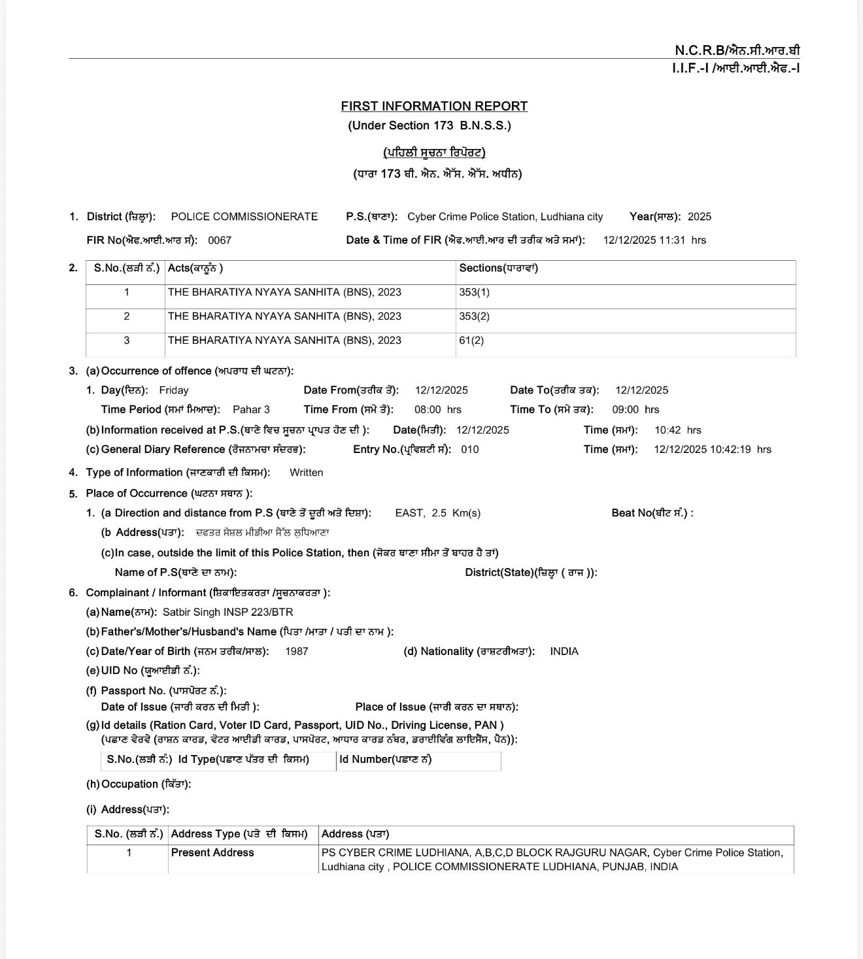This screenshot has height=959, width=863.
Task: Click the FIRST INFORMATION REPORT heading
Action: click(434, 106)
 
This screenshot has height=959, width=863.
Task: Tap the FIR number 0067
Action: click(220, 240)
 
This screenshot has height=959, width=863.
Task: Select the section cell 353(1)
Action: click(474, 292)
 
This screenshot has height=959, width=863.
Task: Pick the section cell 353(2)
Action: click(474, 316)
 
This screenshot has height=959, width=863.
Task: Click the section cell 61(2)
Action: click(471, 341)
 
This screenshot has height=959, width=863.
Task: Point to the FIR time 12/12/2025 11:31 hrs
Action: click(654, 240)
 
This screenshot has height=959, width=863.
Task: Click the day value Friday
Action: click(174, 390)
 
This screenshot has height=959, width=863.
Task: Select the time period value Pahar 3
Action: click(251, 409)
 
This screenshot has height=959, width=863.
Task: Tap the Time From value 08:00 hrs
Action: click(438, 409)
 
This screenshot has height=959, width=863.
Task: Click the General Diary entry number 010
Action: click(469, 449)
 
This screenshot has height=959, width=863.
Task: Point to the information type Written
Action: click(306, 473)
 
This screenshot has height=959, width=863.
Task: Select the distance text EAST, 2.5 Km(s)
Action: click(437, 513)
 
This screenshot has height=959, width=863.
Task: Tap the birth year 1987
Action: click(297, 651)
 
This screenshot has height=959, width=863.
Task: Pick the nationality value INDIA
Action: click(564, 651)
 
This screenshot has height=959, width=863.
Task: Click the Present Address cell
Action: click(212, 852)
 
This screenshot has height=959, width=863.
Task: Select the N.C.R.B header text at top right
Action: click(737, 50)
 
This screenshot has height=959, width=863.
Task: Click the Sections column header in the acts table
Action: click(498, 268)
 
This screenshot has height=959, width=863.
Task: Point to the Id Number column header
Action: click(386, 760)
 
